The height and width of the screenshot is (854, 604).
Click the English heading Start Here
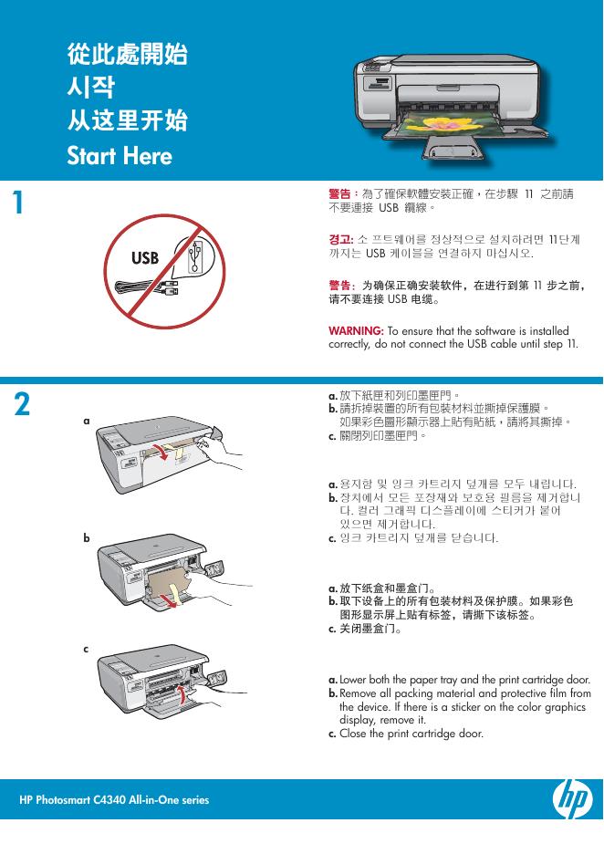click(120, 156)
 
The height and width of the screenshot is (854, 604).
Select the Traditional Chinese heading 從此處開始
click(128, 55)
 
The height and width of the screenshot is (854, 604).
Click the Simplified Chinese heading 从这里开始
click(128, 121)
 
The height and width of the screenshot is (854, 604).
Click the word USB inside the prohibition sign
click(145, 258)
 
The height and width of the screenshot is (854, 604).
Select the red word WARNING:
click(357, 330)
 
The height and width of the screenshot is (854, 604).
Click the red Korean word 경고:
click(340, 238)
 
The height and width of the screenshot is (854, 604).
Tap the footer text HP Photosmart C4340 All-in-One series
click(114, 800)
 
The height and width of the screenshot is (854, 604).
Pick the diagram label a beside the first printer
click(87, 422)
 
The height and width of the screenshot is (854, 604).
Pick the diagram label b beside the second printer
click(87, 538)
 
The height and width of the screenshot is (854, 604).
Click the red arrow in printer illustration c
click(185, 697)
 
